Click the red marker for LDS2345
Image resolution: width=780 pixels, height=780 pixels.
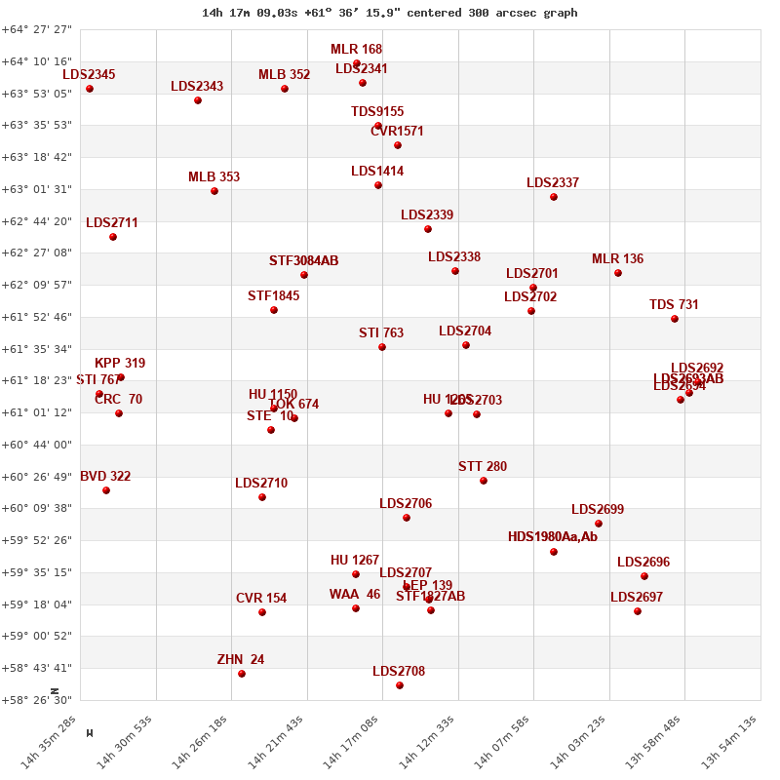click(x=90, y=89)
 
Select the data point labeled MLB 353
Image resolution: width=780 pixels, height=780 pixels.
click(x=214, y=191)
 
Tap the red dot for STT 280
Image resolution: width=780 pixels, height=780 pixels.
click(x=484, y=481)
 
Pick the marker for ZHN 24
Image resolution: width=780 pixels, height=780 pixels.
click(x=242, y=674)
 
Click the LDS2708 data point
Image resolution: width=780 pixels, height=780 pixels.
click(x=400, y=685)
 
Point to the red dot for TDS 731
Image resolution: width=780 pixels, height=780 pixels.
click(x=675, y=319)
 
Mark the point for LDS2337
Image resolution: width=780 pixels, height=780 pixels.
click(x=554, y=197)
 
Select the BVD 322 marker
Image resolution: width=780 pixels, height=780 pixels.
click(x=106, y=490)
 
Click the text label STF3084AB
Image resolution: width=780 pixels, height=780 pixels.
click(x=304, y=261)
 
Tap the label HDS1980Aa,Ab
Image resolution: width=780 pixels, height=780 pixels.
click(x=553, y=537)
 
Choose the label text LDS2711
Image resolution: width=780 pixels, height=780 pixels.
click(x=112, y=223)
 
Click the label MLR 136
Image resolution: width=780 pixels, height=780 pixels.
click(x=618, y=259)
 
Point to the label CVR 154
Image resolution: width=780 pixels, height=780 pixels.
click(x=261, y=599)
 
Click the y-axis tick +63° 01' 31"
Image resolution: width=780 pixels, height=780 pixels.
click(x=37, y=189)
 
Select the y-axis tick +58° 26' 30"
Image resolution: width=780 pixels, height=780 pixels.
click(x=37, y=700)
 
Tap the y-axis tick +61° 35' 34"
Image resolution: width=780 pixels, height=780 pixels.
click(x=37, y=349)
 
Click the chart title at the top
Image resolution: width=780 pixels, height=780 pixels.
click(x=390, y=13)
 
